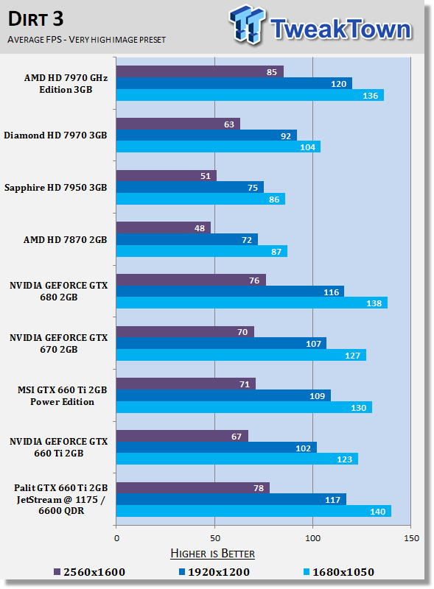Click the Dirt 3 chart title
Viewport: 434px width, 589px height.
pos(35,19)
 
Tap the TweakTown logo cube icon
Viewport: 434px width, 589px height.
pos(247,25)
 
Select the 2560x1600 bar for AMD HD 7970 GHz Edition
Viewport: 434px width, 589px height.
pos(200,71)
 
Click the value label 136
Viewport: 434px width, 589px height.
pos(370,96)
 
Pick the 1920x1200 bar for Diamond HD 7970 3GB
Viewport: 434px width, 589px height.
pos(206,135)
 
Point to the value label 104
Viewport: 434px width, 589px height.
pos(308,147)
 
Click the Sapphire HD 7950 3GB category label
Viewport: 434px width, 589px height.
pos(56,188)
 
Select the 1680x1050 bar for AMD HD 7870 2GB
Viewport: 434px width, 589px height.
pos(202,251)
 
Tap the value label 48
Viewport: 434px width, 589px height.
pos(200,228)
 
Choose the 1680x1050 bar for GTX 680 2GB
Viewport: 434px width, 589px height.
pos(251,303)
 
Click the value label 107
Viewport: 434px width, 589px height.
pos(313,344)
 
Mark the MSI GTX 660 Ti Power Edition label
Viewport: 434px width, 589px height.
pos(63,396)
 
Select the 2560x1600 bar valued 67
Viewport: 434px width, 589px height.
pos(182,436)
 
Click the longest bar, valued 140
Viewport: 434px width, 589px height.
pos(253,511)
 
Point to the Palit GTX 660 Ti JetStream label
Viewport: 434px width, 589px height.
pos(61,499)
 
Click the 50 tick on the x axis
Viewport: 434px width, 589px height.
pos(214,538)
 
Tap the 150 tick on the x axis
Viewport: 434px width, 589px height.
pos(411,538)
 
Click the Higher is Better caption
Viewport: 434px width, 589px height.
pos(212,554)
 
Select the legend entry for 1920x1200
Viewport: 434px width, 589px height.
pos(214,572)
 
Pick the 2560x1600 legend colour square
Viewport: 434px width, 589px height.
pos(57,572)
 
